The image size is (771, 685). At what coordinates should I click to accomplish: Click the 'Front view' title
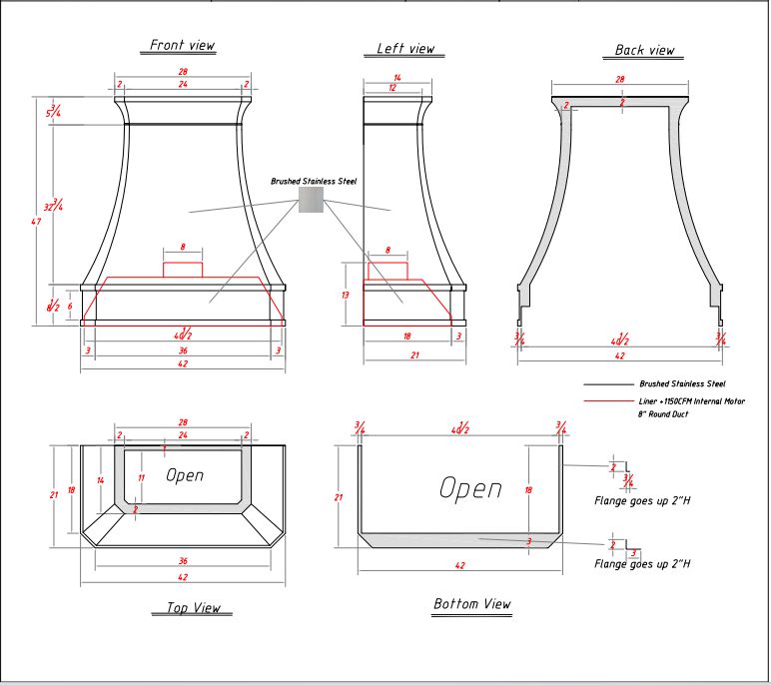coord(182,45)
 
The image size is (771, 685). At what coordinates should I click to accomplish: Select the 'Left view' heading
coord(405,49)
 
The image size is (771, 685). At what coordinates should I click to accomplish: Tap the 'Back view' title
coord(644,50)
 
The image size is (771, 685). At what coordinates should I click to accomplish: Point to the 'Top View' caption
coord(192,608)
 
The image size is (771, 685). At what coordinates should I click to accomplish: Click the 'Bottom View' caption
coord(471,604)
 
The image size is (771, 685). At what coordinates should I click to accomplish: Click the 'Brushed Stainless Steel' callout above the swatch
coord(313,182)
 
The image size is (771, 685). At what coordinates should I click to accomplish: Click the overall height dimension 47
coord(37,221)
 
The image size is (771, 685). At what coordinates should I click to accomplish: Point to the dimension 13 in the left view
coord(345,296)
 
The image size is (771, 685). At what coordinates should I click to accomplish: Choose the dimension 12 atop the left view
coord(396,89)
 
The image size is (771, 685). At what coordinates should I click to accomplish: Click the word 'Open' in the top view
coord(185,475)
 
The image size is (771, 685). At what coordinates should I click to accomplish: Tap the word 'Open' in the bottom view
coord(470,488)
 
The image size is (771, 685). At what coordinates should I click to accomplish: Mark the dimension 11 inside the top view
coord(141,478)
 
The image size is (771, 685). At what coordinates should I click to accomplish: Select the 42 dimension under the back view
coord(619,355)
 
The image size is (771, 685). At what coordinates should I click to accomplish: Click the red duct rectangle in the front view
coord(183,269)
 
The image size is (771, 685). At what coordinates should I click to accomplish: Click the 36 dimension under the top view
coord(182,561)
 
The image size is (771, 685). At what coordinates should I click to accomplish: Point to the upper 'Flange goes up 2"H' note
coord(642,499)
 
